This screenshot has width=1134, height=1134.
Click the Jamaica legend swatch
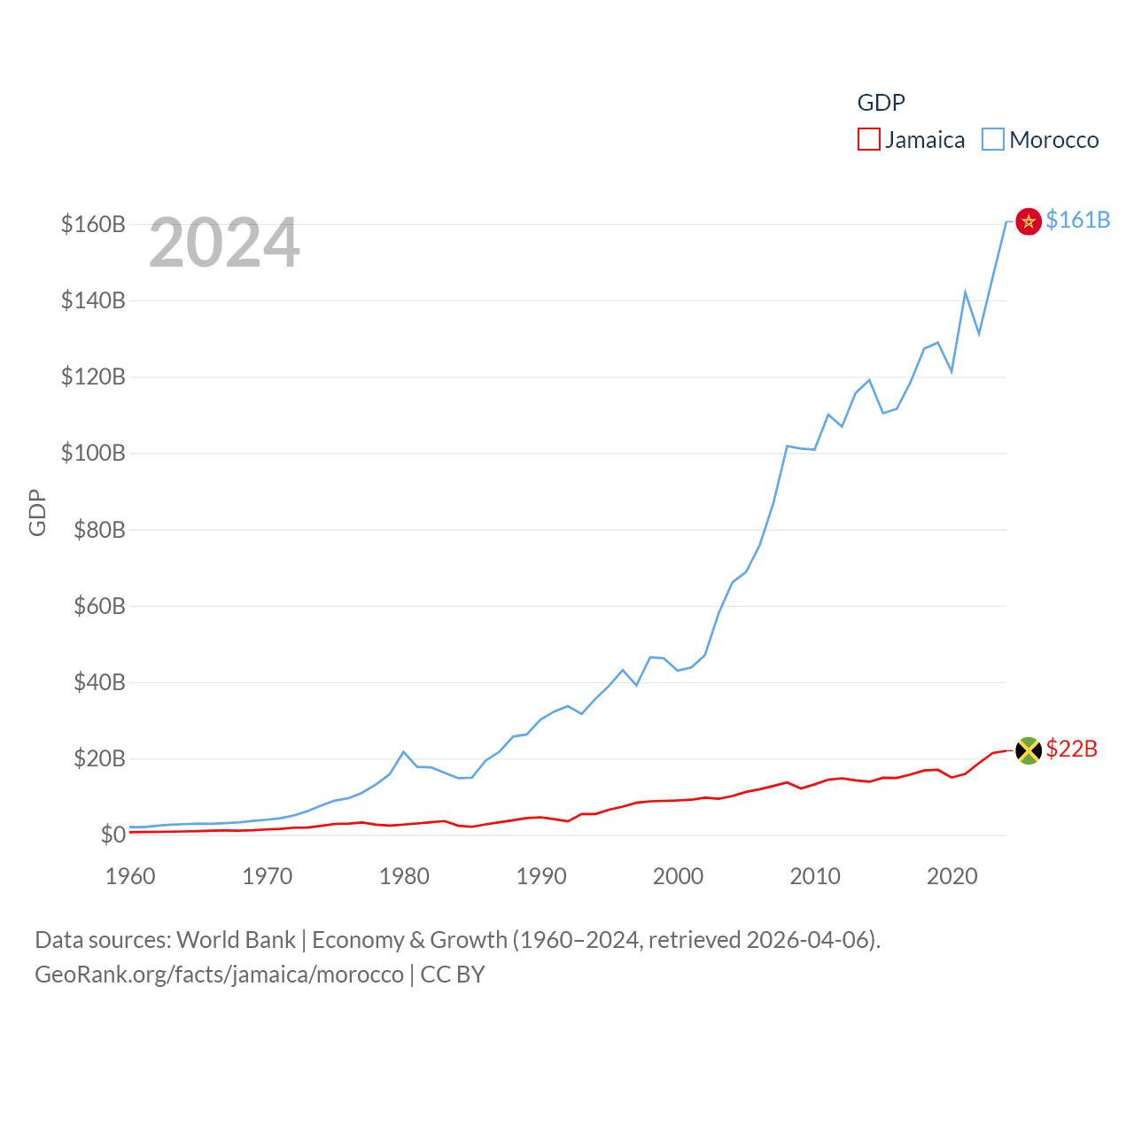(x=868, y=140)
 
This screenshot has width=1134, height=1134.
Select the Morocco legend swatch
(x=992, y=140)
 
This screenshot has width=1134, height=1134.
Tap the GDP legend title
(x=881, y=103)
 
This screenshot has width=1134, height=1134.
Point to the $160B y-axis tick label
(x=93, y=224)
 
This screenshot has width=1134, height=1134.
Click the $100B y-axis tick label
(x=93, y=454)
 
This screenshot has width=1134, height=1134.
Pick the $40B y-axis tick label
(x=99, y=682)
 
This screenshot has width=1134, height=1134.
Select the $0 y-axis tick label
(x=113, y=835)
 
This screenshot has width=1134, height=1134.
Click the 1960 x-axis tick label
(x=130, y=876)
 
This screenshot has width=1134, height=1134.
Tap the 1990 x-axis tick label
(x=541, y=876)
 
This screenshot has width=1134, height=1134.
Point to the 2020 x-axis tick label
(x=952, y=876)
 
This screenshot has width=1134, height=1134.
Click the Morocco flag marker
(x=1028, y=221)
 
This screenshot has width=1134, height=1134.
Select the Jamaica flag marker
(x=1028, y=750)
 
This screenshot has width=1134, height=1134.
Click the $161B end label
(x=1077, y=220)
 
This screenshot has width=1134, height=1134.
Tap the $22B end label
(x=1071, y=749)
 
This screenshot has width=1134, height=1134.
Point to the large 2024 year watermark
(x=224, y=243)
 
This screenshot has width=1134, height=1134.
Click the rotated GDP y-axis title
(x=37, y=512)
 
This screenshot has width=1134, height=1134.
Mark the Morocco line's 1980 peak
(x=404, y=752)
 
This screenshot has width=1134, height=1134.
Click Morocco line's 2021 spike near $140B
(x=966, y=291)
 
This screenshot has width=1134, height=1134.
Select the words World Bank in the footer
(x=236, y=939)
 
